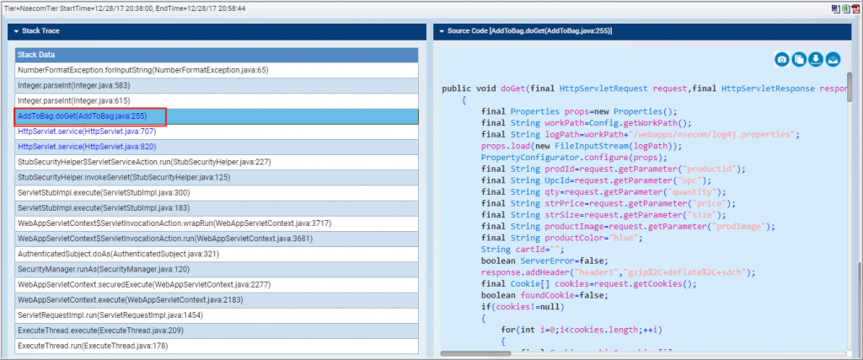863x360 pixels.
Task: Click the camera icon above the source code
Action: click(x=782, y=60)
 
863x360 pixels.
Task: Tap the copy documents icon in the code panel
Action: click(x=799, y=60)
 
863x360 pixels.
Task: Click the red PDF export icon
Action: click(x=856, y=8)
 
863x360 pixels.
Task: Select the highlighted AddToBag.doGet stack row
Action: click(x=217, y=116)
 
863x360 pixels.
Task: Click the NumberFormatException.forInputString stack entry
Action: click(x=143, y=70)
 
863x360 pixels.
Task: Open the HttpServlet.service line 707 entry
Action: click(x=87, y=132)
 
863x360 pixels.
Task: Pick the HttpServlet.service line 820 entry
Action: click(x=87, y=147)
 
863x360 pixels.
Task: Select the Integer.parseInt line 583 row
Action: click(x=74, y=85)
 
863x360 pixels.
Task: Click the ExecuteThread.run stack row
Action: click(x=93, y=347)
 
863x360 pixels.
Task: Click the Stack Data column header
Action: click(x=217, y=55)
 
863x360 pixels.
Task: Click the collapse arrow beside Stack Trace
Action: click(x=17, y=31)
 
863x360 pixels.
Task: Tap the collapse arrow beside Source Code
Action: click(x=442, y=31)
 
